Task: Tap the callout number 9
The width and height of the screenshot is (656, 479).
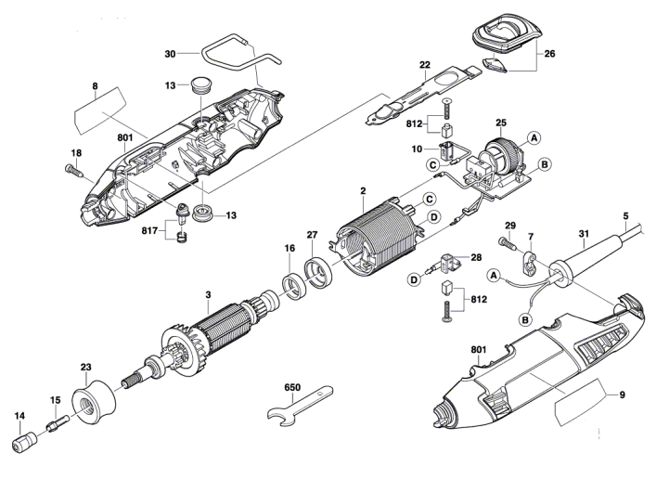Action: (622, 395)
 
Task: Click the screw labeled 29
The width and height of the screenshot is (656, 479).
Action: (506, 243)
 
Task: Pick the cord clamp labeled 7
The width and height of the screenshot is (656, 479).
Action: (530, 261)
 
